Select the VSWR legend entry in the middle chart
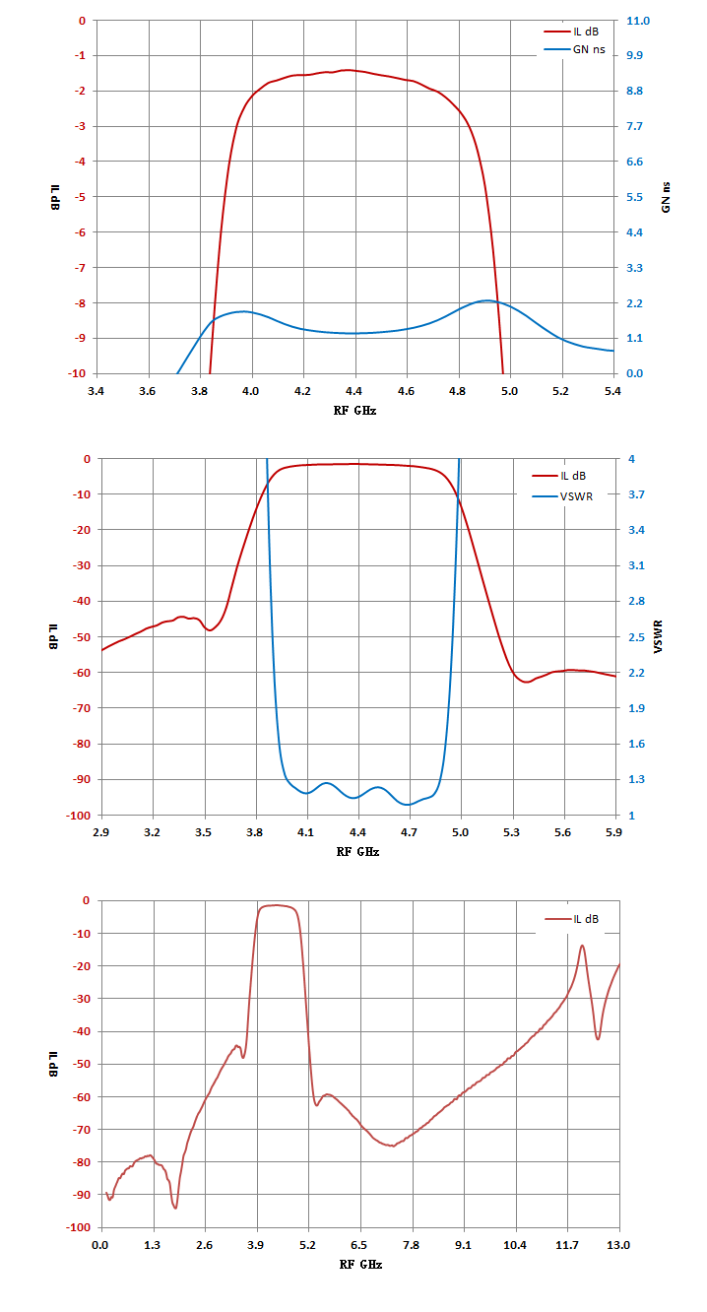(562, 496)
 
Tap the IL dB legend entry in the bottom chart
(572, 918)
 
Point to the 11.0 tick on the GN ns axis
(638, 21)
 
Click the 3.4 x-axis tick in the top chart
(96, 391)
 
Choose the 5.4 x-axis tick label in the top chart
(612, 391)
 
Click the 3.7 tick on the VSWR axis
(636, 494)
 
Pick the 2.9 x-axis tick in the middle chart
(100, 831)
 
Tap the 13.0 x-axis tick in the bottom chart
(618, 1244)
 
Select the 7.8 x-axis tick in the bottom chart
(412, 1244)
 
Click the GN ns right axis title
(666, 197)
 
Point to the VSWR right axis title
(658, 636)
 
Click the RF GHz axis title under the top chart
(354, 411)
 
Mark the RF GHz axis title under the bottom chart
(360, 1264)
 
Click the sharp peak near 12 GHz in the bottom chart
(582, 946)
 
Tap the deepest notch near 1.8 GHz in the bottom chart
(175, 1208)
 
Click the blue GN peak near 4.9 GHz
(487, 300)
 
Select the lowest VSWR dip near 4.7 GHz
(408, 805)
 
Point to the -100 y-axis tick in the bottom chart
(80, 1227)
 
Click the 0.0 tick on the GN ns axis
(634, 373)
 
